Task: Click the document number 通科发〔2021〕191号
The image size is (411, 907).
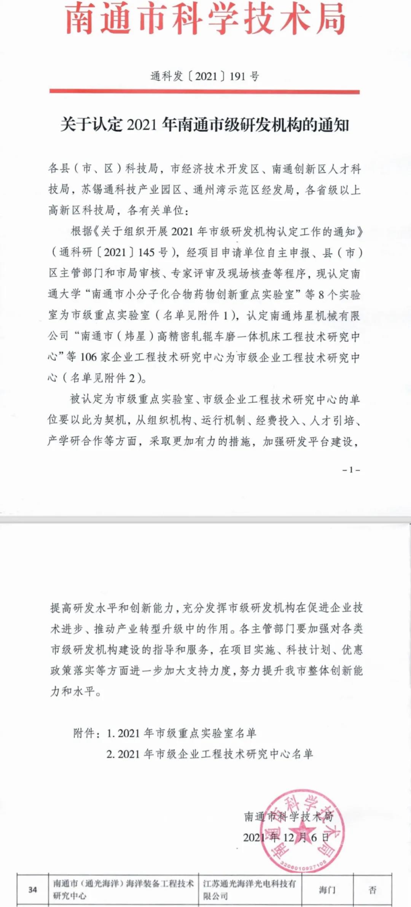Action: coord(205,76)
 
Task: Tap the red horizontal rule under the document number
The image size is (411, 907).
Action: coord(204,92)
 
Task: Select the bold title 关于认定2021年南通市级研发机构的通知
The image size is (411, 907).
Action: coord(205,124)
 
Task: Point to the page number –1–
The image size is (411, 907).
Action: coord(351,470)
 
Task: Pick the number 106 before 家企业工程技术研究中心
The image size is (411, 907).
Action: coord(88,357)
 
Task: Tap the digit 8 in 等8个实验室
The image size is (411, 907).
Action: coord(321,294)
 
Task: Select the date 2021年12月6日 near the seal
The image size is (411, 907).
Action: coord(286,837)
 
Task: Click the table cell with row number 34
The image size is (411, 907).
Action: coord(33,889)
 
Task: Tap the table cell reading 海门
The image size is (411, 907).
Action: coord(327,889)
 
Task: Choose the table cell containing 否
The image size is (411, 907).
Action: coord(372,889)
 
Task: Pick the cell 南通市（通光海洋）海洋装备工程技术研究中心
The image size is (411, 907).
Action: coord(123,889)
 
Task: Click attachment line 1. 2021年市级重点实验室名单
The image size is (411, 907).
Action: coord(182,733)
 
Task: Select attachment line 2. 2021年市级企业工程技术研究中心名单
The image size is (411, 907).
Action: coord(210,754)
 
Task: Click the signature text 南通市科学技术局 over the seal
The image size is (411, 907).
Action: coord(288,816)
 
